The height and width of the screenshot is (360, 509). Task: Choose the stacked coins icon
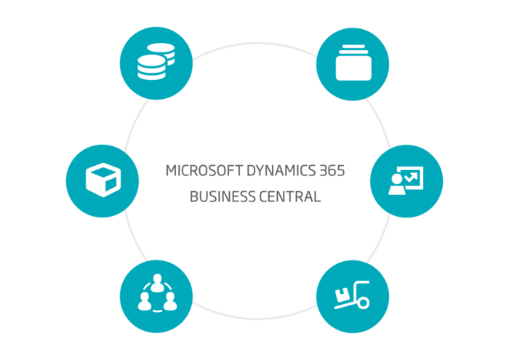tap(156, 61)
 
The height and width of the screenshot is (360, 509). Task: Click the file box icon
tap(353, 63)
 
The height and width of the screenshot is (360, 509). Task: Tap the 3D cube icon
tap(103, 180)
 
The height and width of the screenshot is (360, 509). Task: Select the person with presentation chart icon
tap(406, 180)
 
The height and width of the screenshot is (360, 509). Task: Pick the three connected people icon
tap(158, 293)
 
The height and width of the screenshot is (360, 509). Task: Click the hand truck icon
tap(352, 295)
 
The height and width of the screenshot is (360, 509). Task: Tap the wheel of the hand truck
tap(363, 303)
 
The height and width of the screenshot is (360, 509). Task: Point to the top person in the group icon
tap(158, 283)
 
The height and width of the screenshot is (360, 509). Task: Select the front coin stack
tap(151, 67)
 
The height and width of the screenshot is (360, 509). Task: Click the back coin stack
tap(162, 52)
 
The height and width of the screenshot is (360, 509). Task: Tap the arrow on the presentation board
tap(411, 177)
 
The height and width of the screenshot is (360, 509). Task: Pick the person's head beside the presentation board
tap(397, 178)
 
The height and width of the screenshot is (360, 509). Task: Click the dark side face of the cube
tap(111, 185)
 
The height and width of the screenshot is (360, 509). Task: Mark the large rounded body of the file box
tap(353, 68)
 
